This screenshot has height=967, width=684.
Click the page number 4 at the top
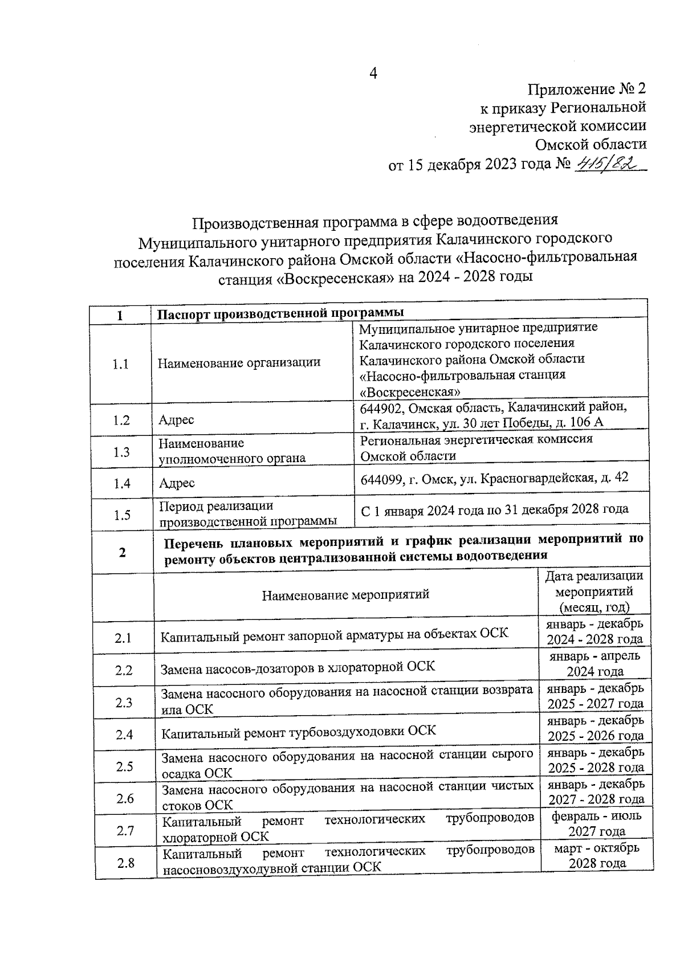tap(374, 74)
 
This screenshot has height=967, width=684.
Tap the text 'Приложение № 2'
tap(587, 89)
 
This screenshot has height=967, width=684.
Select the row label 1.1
tap(120, 364)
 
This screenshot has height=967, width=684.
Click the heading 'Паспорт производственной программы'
tap(280, 313)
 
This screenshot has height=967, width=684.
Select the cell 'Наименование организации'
tap(239, 362)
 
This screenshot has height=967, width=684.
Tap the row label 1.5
tap(122, 515)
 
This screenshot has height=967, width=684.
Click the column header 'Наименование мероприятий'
tap(345, 595)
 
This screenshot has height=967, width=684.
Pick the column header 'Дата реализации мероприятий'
tap(594, 591)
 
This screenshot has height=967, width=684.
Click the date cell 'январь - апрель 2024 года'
tap(595, 663)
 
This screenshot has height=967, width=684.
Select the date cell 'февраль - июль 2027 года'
tap(596, 823)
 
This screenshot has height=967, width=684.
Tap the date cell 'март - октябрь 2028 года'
tap(597, 855)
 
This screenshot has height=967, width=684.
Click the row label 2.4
tap(124, 735)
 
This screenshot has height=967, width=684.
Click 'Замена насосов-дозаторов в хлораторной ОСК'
tap(297, 667)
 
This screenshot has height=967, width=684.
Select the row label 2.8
tap(125, 863)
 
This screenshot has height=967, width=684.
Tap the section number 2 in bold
tap(123, 552)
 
